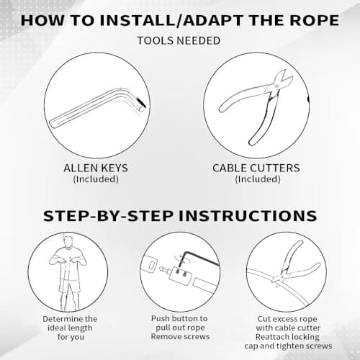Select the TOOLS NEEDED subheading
pyautogui.click(x=179, y=40)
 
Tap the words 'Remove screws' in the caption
pyautogui.click(x=180, y=337)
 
